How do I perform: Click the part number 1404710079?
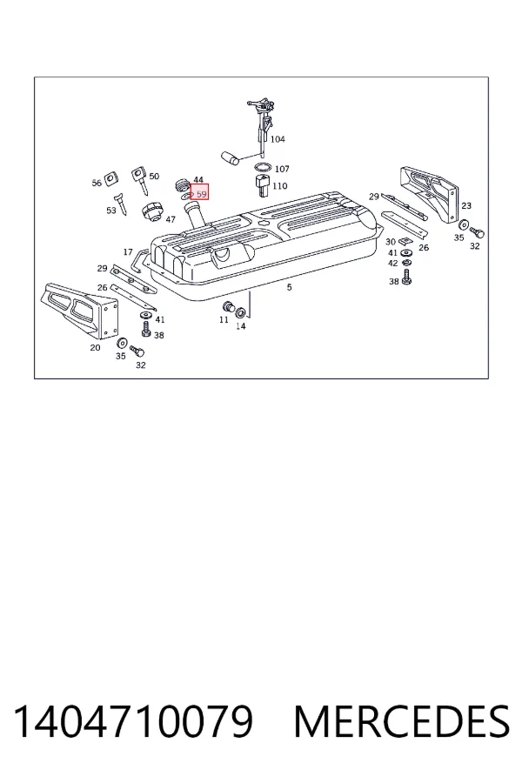click(x=133, y=721)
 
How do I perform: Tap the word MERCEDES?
click(x=402, y=721)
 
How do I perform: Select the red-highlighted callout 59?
click(x=199, y=192)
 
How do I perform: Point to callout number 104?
click(x=278, y=139)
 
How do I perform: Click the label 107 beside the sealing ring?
click(x=282, y=169)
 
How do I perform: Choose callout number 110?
click(x=280, y=186)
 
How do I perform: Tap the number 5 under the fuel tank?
click(x=289, y=287)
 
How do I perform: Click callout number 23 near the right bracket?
click(x=466, y=205)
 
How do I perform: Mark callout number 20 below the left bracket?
click(x=95, y=347)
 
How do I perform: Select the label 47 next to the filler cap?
click(x=171, y=219)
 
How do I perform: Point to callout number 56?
click(x=97, y=183)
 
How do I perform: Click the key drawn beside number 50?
click(x=139, y=181)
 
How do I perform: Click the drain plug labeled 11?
click(x=228, y=306)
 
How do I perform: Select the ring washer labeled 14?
click(x=240, y=312)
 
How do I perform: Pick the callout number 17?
click(x=128, y=252)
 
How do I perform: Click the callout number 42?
click(x=393, y=263)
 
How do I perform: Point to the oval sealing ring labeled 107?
click(x=263, y=167)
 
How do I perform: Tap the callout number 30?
click(x=391, y=242)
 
